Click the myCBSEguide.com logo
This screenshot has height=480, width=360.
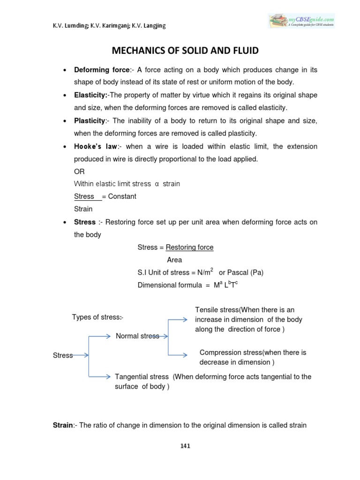(301, 21)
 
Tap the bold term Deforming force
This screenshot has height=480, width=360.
(101, 70)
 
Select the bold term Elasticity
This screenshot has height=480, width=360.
(90, 95)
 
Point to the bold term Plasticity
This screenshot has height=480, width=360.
(90, 121)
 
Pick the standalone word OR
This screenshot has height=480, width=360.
(80, 172)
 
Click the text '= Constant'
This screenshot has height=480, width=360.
(119, 196)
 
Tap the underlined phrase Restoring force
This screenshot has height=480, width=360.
(190, 247)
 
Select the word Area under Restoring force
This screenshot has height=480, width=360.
(175, 260)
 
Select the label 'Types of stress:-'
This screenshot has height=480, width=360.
(97, 317)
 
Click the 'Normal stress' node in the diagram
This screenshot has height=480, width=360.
(137, 336)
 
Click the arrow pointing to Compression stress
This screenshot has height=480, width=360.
(180, 355)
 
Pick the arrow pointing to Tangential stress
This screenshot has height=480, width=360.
(100, 376)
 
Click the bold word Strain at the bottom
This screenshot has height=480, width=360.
(63, 425)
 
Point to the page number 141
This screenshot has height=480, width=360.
(185, 446)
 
